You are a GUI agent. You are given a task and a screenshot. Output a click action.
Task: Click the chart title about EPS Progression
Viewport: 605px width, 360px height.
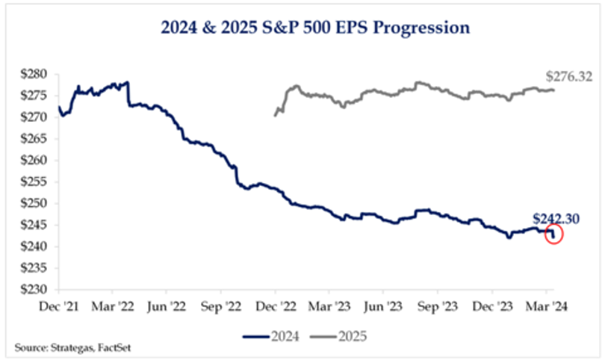(x=315, y=28)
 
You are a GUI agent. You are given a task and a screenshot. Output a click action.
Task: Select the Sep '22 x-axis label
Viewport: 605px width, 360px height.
(x=220, y=305)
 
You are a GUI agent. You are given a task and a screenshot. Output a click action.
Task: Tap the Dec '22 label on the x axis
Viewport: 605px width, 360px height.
(x=275, y=305)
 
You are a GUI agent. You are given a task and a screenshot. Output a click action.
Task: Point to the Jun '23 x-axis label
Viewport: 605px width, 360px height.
(x=383, y=305)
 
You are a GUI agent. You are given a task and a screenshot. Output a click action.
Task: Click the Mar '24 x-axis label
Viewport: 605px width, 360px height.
(x=546, y=305)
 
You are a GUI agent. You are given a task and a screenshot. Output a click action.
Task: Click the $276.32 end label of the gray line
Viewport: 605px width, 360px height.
(x=569, y=76)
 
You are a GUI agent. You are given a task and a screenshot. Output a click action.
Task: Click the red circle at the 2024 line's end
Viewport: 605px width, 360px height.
(x=554, y=235)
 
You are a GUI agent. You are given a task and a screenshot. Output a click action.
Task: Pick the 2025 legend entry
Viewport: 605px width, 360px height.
(x=336, y=337)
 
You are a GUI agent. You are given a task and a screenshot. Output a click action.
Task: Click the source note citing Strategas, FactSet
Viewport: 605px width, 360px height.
(x=65, y=348)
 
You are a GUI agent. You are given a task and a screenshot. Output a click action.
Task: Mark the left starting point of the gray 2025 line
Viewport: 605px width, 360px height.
(x=275, y=115)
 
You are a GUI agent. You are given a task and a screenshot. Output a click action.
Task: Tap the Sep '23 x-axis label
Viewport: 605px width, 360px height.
(x=438, y=305)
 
